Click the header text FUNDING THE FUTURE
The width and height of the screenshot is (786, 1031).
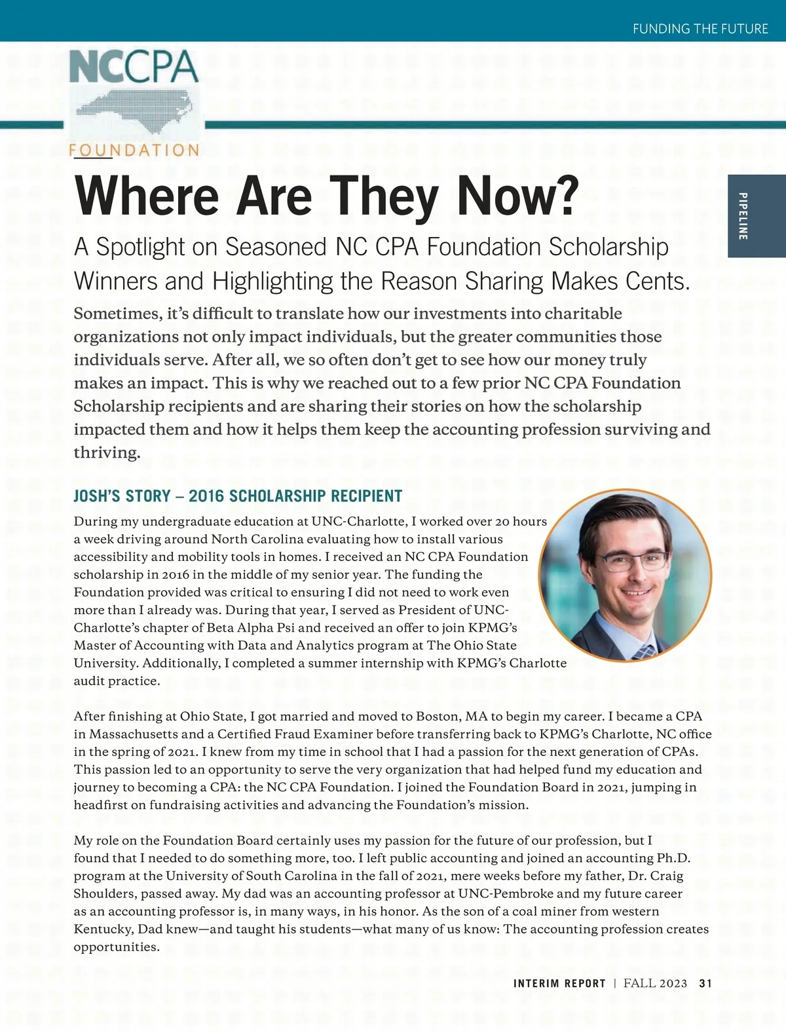700,29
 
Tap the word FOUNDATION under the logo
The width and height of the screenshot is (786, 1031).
134,151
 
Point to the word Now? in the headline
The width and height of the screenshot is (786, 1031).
518,196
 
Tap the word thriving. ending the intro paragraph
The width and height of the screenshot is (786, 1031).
107,453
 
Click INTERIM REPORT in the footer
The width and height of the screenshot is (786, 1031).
559,983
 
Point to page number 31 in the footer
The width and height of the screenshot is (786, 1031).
705,983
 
